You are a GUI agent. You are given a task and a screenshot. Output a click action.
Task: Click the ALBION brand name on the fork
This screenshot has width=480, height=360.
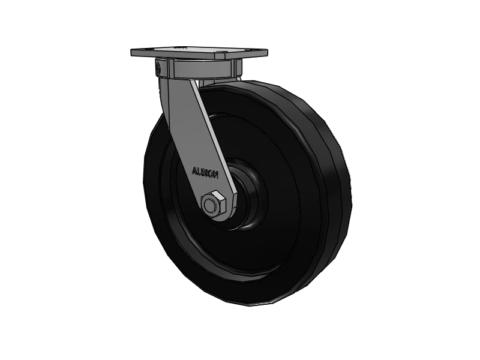[x=205, y=172]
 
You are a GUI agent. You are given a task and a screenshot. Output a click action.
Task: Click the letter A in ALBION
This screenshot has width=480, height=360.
[x=194, y=170]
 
